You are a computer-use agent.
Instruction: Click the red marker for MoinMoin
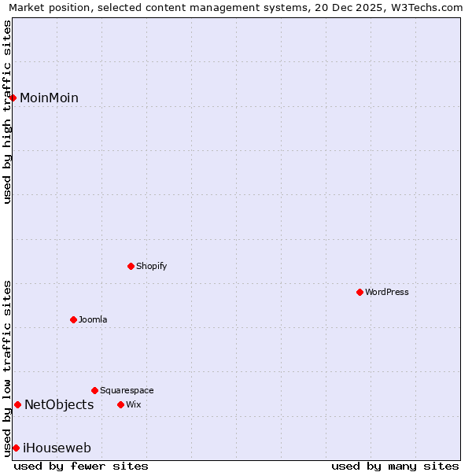click(x=13, y=98)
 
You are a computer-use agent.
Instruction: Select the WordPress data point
click(x=360, y=292)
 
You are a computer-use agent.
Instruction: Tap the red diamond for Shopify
click(x=131, y=266)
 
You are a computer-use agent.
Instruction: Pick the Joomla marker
click(x=73, y=319)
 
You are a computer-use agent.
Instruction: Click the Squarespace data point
click(x=94, y=390)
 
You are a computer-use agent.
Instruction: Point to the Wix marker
click(x=120, y=404)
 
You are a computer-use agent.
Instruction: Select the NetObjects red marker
click(x=17, y=404)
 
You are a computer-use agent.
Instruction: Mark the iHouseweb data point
click(x=16, y=448)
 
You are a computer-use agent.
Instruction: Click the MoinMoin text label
click(x=49, y=98)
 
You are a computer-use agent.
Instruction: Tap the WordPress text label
click(x=387, y=292)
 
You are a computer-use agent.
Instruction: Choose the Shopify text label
click(x=152, y=266)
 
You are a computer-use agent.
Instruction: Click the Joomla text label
click(x=93, y=319)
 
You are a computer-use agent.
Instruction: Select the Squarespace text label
click(x=127, y=390)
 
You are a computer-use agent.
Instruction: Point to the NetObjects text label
click(x=59, y=404)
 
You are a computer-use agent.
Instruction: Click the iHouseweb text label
click(x=57, y=448)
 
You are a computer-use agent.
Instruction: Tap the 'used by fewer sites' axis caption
click(x=81, y=466)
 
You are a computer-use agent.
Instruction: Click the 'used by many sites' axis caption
click(x=395, y=466)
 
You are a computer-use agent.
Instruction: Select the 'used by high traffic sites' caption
click(x=7, y=112)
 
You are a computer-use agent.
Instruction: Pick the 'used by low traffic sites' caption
click(x=7, y=367)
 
